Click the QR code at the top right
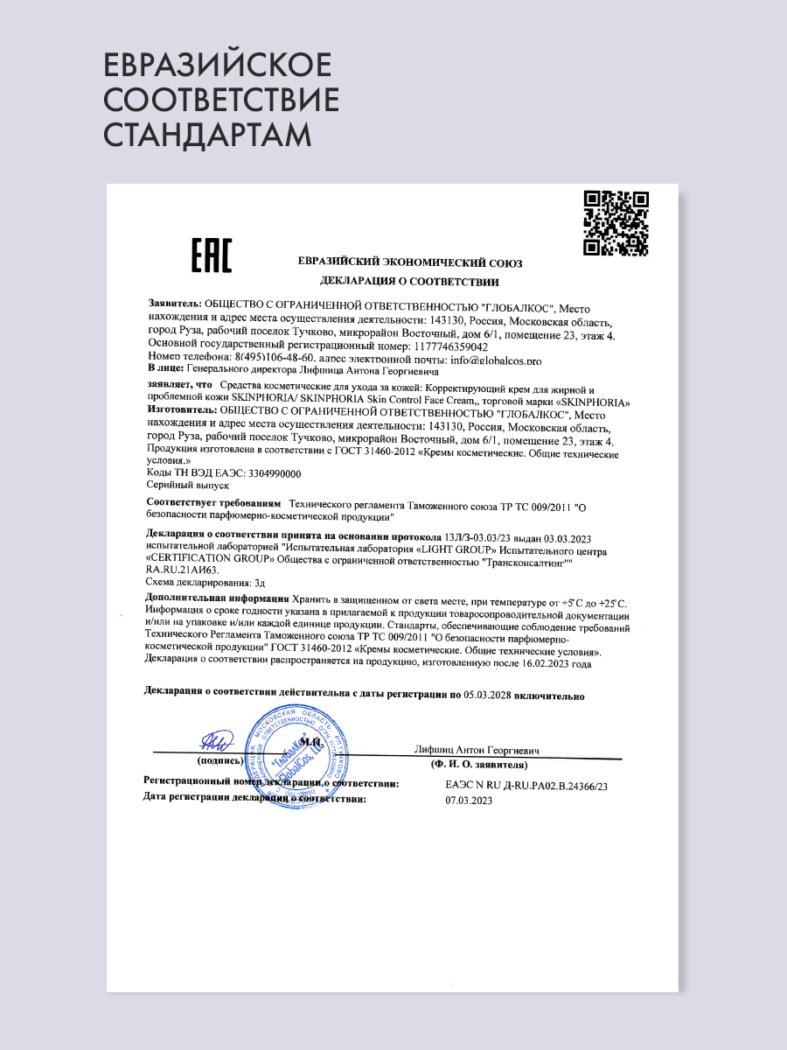click(616, 223)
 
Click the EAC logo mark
click(211, 255)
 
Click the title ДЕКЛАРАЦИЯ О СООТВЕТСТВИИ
click(409, 282)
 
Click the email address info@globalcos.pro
click(496, 360)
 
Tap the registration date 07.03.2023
click(468, 800)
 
